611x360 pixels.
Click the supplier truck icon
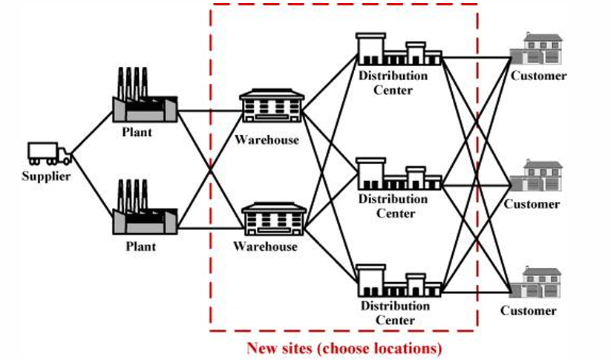pos(49,153)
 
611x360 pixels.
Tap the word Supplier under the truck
pos(46,176)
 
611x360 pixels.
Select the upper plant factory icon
pos(146,97)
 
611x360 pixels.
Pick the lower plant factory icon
pos(146,211)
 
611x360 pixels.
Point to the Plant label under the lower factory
pos(140,246)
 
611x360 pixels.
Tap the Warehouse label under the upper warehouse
pos(267,139)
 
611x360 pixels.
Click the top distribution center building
pos(398,50)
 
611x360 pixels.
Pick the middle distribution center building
pos(398,174)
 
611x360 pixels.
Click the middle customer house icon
pos(537,176)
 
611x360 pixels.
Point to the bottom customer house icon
pos(537,284)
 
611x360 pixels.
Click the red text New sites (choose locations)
pos(344,347)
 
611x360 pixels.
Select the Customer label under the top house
pos(538,76)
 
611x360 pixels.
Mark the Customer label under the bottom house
pos(528,310)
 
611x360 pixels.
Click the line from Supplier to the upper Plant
pos(93,134)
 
